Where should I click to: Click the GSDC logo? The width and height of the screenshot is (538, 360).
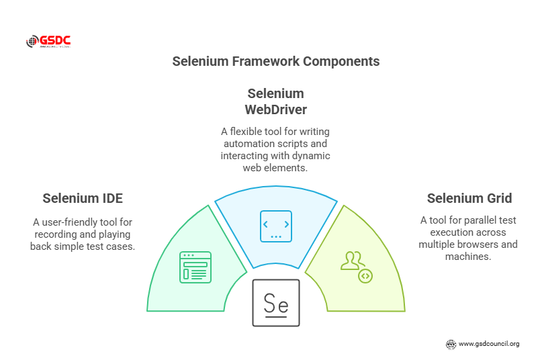(x=48, y=42)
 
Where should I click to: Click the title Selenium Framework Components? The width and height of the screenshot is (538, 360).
(x=275, y=61)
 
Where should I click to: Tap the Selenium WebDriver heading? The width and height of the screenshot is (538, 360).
(x=275, y=101)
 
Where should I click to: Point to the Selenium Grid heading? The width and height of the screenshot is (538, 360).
(x=469, y=198)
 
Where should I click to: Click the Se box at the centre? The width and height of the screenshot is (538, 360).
(x=275, y=303)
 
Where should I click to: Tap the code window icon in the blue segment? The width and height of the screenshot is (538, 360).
(x=275, y=226)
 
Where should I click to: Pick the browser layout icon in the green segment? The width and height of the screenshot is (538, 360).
(x=195, y=267)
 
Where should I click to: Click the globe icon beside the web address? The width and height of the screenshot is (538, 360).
(x=451, y=344)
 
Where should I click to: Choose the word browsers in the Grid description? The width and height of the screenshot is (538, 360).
(x=478, y=244)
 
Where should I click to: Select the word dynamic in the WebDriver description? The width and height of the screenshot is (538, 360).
(x=312, y=156)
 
